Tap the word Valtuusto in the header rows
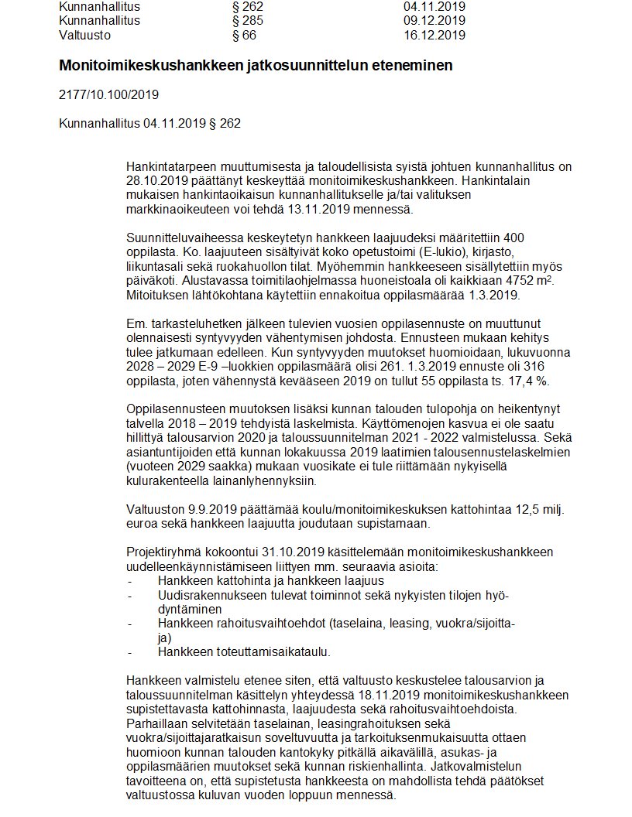85,35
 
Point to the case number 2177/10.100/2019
108,96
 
